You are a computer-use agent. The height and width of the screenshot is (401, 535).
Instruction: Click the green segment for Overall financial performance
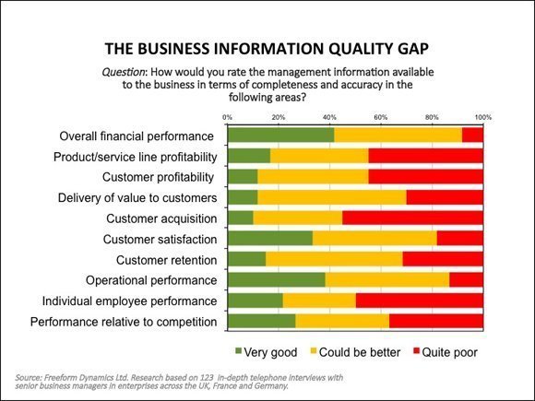(281, 135)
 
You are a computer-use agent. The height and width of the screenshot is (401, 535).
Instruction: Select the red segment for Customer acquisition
(413, 218)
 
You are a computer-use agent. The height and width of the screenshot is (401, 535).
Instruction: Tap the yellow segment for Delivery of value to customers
(332, 197)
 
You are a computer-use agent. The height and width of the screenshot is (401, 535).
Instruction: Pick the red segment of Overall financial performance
(472, 135)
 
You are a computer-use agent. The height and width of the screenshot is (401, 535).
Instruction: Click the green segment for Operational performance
(277, 280)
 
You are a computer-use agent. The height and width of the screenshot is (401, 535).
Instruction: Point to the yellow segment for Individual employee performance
(319, 301)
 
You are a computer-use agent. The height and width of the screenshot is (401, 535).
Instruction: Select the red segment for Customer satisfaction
(460, 239)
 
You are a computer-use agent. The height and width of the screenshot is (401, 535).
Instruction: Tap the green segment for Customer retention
(246, 259)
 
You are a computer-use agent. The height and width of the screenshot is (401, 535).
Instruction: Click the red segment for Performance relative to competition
(436, 322)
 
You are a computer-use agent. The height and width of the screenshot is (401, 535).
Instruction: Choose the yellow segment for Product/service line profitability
(319, 156)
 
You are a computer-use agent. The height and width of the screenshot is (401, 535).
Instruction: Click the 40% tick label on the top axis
(329, 117)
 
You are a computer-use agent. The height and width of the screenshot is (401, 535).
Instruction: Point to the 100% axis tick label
(483, 117)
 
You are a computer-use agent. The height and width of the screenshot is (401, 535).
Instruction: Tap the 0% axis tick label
(228, 117)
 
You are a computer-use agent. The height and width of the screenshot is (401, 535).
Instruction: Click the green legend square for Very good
(239, 351)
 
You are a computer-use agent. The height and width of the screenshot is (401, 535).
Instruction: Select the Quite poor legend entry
(446, 352)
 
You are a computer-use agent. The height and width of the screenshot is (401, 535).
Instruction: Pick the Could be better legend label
(360, 352)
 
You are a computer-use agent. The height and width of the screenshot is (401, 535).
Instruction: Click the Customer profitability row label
(158, 177)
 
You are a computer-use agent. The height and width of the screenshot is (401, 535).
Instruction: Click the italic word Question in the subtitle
(124, 72)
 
